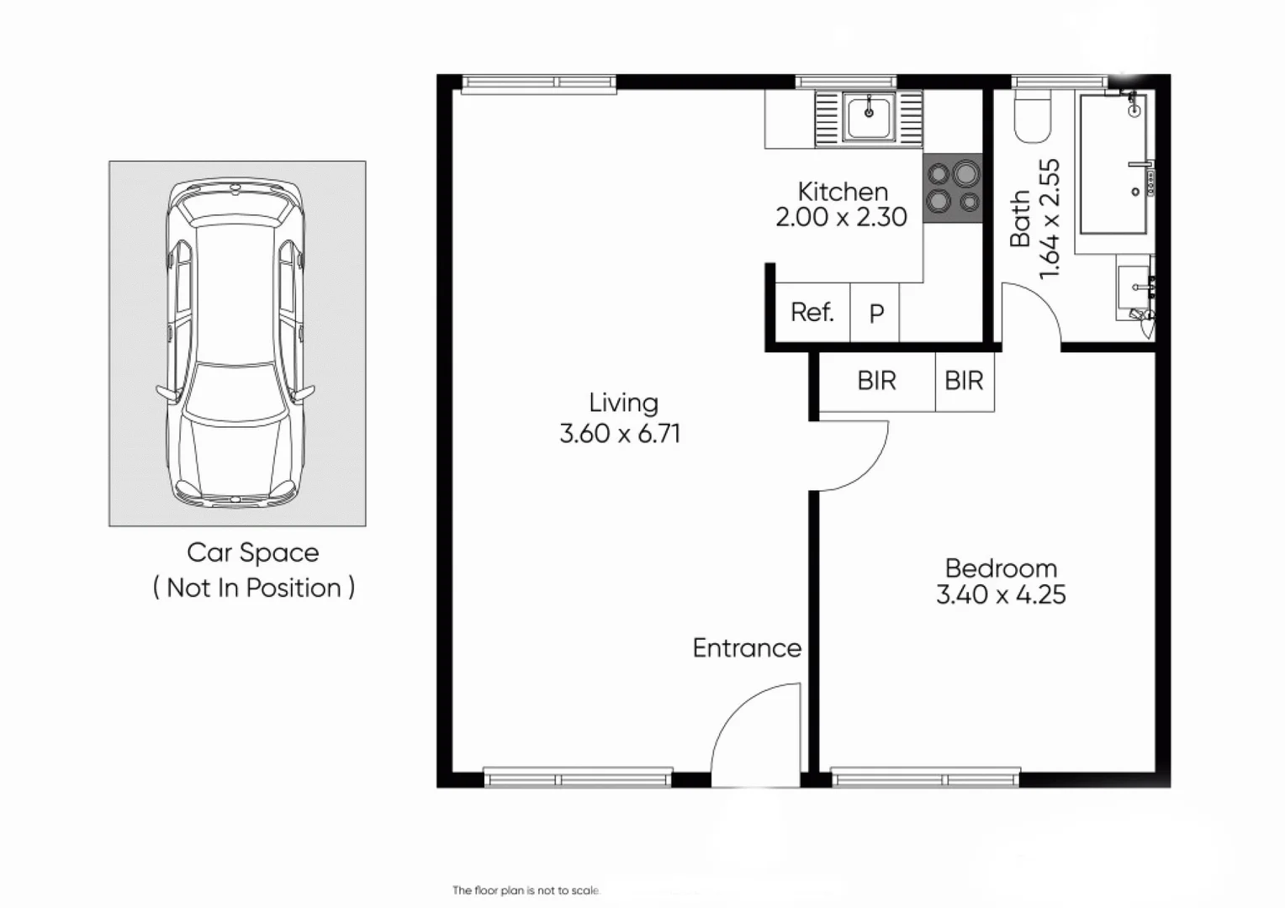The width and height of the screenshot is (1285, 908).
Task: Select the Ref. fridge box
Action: pyautogui.click(x=812, y=313)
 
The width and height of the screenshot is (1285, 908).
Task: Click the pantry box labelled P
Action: pyautogui.click(x=875, y=314)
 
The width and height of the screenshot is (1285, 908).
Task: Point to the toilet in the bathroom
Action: pyautogui.click(x=1032, y=117)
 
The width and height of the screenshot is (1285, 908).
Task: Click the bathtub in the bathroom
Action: pyautogui.click(x=1113, y=165)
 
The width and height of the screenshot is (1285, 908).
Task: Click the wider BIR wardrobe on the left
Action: pyautogui.click(x=876, y=382)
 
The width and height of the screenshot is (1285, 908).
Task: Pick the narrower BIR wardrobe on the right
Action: pyautogui.click(x=964, y=382)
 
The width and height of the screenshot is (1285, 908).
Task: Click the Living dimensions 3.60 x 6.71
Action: pyautogui.click(x=620, y=434)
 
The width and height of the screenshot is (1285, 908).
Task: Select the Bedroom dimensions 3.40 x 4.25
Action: pyautogui.click(x=1001, y=595)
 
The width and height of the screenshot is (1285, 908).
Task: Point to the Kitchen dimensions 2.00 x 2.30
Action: pyautogui.click(x=841, y=218)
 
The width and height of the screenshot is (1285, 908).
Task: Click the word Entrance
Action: pyautogui.click(x=747, y=648)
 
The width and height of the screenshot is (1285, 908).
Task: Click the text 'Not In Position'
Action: pyautogui.click(x=254, y=588)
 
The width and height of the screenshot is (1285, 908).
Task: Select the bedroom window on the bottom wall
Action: pyautogui.click(x=925, y=778)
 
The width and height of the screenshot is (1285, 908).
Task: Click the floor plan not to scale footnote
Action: pyautogui.click(x=526, y=890)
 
